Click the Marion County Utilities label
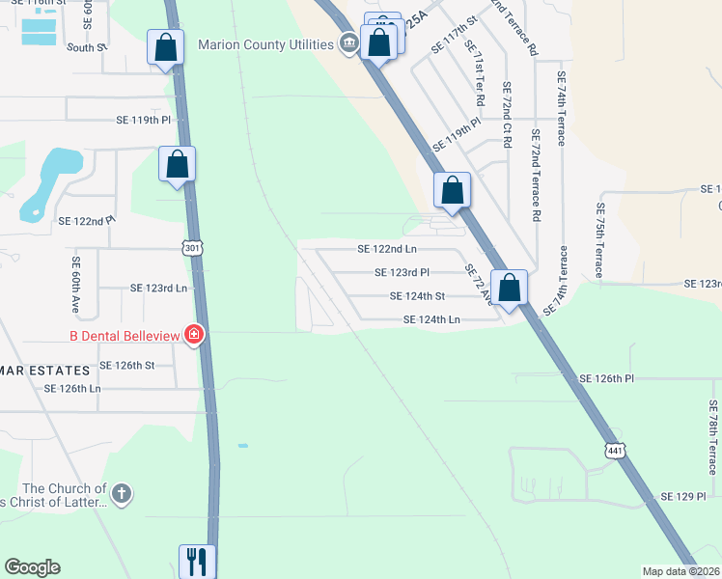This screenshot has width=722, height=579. [265, 43]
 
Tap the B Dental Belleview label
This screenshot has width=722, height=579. [125, 335]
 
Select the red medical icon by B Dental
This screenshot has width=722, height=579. [194, 335]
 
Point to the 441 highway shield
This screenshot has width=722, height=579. [615, 451]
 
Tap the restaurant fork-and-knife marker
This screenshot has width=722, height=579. [198, 561]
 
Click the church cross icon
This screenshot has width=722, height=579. [120, 495]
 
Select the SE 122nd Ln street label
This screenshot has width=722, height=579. [386, 249]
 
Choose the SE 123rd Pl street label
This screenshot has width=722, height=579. [402, 273]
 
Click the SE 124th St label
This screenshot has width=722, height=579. [417, 296]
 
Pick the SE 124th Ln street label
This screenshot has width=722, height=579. [431, 319]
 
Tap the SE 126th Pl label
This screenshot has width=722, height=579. [606, 379]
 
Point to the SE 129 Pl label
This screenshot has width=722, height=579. [683, 495]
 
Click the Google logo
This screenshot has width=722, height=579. [32, 567]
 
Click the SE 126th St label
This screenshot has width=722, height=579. [127, 366]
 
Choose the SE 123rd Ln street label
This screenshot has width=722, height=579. [158, 288]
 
